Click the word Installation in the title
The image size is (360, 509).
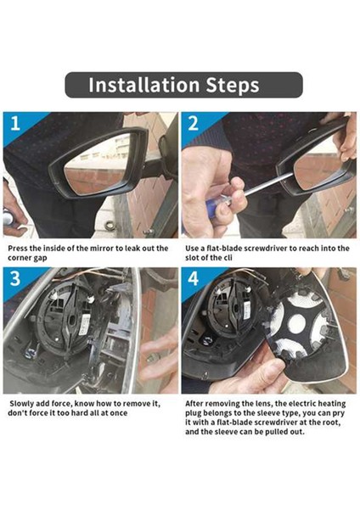(144, 85)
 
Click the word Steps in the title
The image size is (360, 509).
(233, 86)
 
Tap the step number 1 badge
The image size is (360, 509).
(15, 124)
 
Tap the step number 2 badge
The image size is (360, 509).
(193, 124)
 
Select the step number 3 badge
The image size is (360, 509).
(15, 279)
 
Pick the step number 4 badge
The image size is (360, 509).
(193, 279)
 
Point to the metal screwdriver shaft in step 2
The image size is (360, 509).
(268, 184)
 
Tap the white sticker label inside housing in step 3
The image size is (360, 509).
(84, 325)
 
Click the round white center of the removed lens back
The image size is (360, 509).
(297, 324)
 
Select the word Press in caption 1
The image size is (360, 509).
(17, 249)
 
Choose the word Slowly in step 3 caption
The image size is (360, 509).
(21, 404)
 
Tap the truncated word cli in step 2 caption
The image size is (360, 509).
(228, 258)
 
